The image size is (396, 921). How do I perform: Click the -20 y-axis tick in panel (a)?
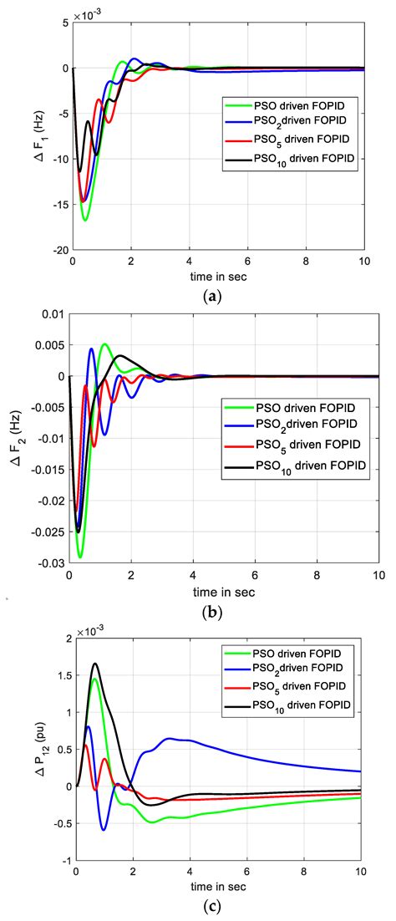[58, 250]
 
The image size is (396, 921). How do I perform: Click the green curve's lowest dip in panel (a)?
[85, 220]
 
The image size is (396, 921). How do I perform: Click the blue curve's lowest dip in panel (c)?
[104, 829]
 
